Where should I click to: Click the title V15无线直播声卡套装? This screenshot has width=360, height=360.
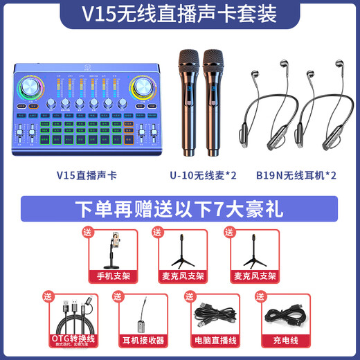(179, 14)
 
